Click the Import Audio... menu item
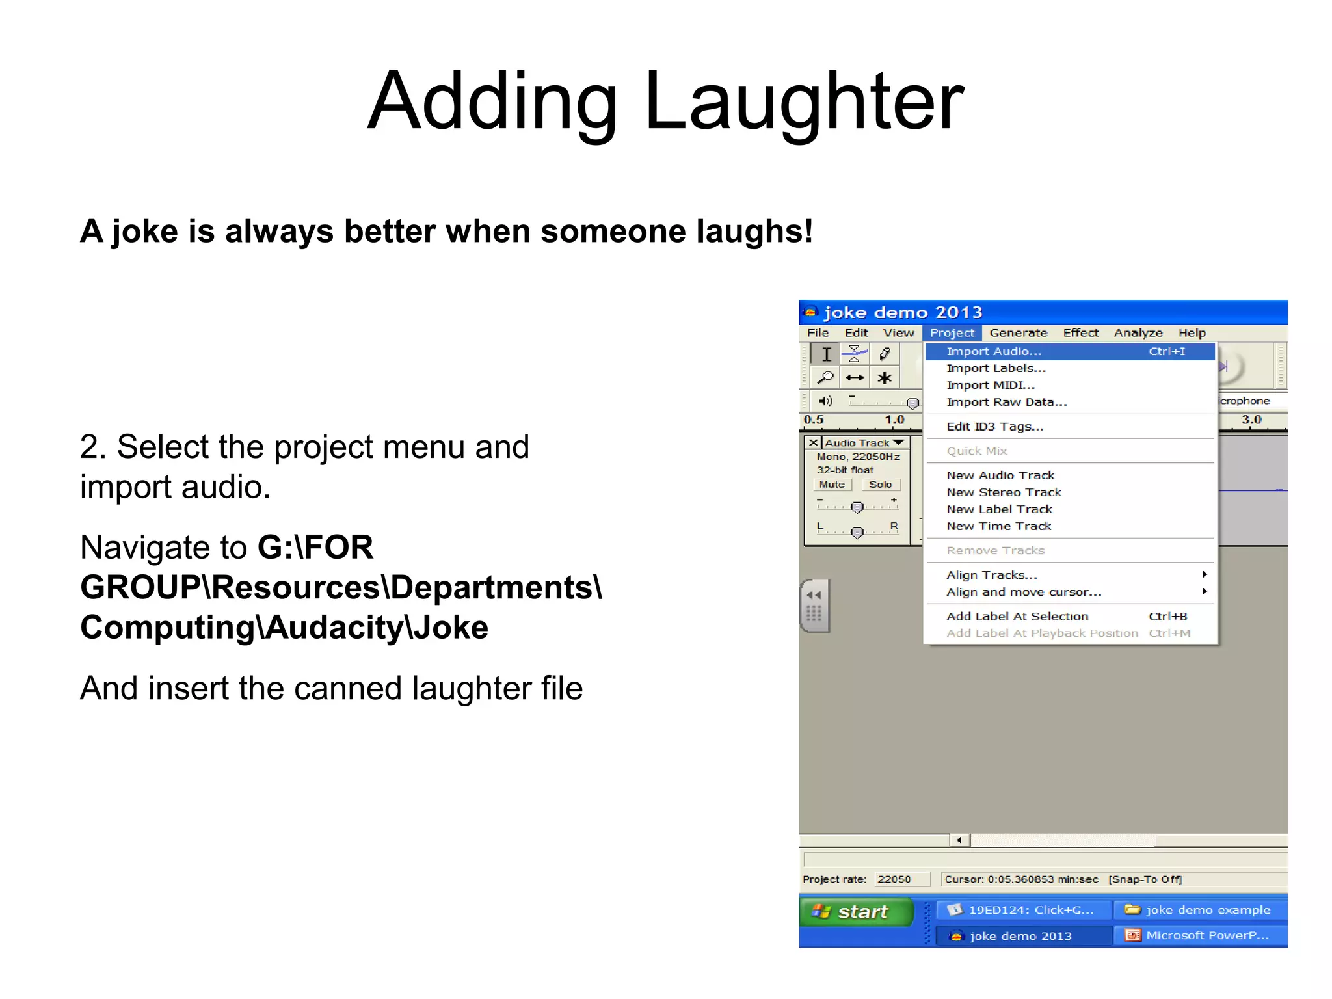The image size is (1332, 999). pyautogui.click(x=994, y=351)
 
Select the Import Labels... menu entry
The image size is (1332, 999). pyautogui.click(x=996, y=368)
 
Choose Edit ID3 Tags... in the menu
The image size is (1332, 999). pyautogui.click(x=994, y=427)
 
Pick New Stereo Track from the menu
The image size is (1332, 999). pyautogui.click(x=1004, y=492)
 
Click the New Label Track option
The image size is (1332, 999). pyautogui.click(x=999, y=509)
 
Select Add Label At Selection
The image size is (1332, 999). pyautogui.click(x=1017, y=616)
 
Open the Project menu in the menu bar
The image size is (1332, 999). pyautogui.click(x=952, y=333)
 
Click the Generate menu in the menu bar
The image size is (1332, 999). pyautogui.click(x=1018, y=333)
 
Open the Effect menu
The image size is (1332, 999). pyautogui.click(x=1080, y=333)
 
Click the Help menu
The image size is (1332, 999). pyautogui.click(x=1192, y=333)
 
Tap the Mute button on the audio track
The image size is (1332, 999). pyautogui.click(x=831, y=485)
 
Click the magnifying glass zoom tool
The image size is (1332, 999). pyautogui.click(x=825, y=378)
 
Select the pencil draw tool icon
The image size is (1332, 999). pyautogui.click(x=885, y=354)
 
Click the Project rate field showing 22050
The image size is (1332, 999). pyautogui.click(x=901, y=879)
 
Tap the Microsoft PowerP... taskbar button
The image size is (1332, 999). pyautogui.click(x=1200, y=935)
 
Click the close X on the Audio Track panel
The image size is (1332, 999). pyautogui.click(x=813, y=443)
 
